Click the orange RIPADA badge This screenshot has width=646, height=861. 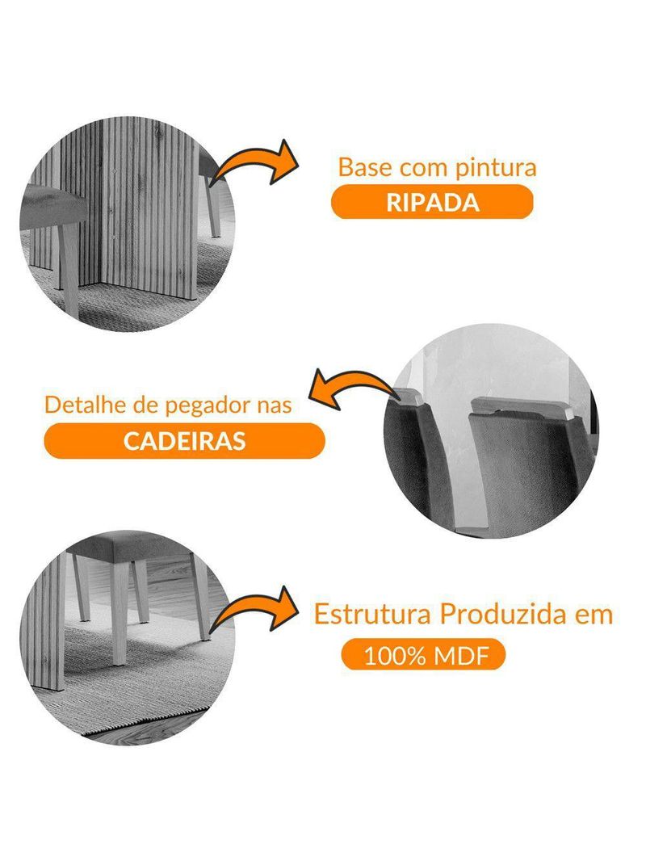tap(432, 202)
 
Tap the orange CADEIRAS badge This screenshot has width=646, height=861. tap(184, 441)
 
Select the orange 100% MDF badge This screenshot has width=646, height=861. tap(425, 655)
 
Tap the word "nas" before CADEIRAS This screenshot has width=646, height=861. tap(274, 405)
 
